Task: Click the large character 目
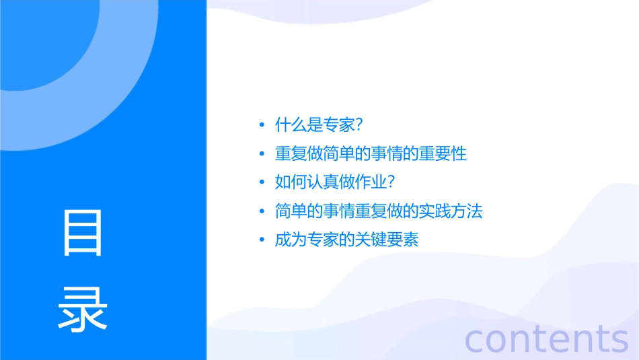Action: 83,232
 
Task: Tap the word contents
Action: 547,338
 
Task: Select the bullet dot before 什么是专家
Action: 262,125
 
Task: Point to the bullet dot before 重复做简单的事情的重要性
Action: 262,154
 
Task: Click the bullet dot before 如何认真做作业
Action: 262,183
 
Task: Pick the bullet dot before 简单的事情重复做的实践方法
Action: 262,212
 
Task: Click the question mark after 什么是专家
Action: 359,125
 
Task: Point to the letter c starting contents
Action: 475,340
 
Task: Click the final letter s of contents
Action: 619,340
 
